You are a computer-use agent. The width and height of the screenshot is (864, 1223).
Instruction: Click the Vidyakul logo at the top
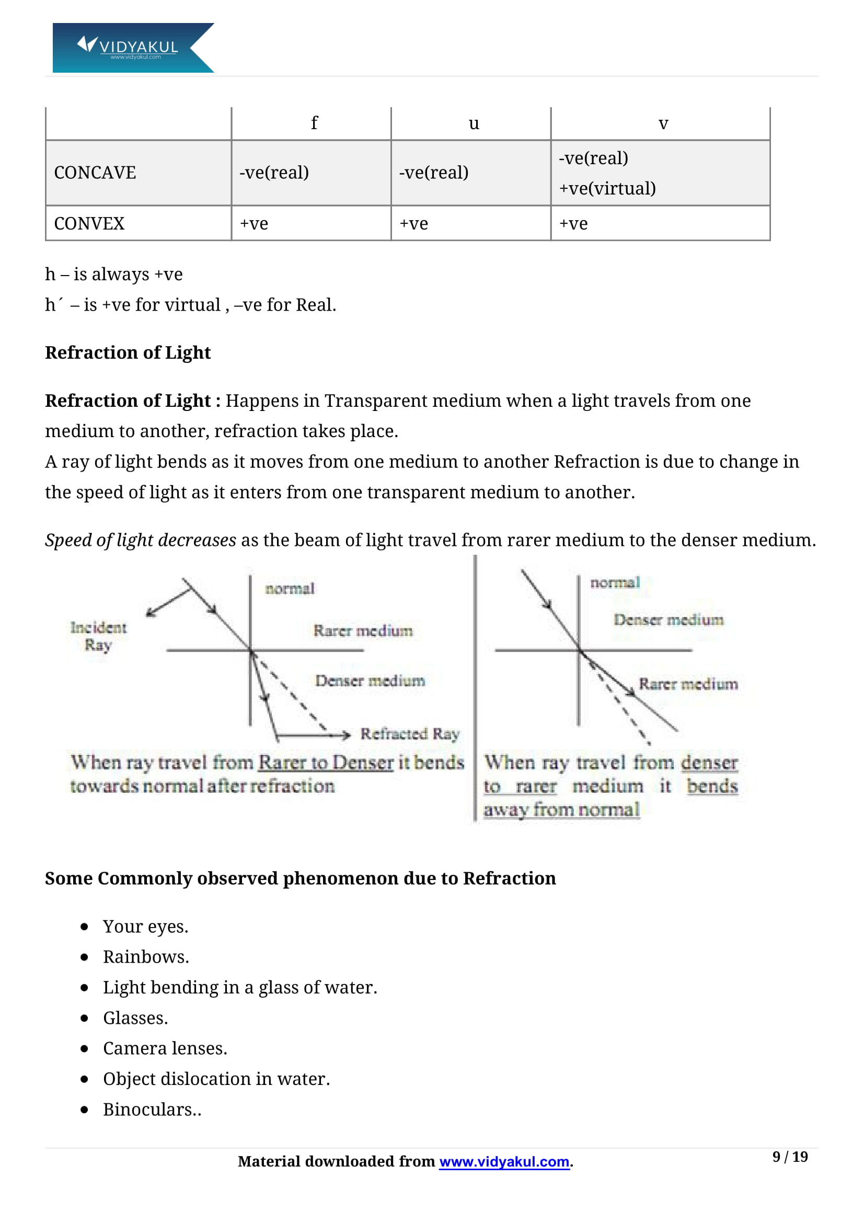(x=133, y=48)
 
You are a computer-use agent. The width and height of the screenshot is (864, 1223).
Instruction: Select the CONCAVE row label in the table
(x=95, y=173)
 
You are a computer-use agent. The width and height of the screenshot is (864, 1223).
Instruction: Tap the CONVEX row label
(x=89, y=223)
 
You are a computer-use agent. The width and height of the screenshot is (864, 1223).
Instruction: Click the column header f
(x=314, y=123)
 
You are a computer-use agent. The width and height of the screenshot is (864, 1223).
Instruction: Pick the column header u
(x=473, y=123)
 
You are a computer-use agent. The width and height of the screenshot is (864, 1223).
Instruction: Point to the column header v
(x=663, y=123)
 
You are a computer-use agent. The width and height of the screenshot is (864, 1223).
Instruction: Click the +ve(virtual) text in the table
(x=607, y=188)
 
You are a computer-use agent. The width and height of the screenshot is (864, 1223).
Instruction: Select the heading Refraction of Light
(x=128, y=352)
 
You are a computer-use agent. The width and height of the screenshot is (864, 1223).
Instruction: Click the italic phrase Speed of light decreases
(x=141, y=540)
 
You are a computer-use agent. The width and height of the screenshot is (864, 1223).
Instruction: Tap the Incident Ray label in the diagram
(x=98, y=636)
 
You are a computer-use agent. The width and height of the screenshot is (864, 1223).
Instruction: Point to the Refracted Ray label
(x=410, y=734)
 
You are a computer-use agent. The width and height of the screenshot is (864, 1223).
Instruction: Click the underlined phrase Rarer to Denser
(x=326, y=763)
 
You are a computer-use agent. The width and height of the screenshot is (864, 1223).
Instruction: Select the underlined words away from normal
(x=561, y=809)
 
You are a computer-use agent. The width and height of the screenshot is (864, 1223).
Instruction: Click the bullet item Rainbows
(x=146, y=957)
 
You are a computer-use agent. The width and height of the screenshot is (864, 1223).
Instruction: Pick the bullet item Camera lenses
(x=165, y=1048)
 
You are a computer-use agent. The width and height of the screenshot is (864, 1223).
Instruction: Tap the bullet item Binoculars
(x=152, y=1110)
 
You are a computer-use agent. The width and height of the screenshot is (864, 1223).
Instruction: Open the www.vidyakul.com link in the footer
(x=504, y=1162)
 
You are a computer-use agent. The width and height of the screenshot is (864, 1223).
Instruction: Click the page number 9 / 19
(x=790, y=1157)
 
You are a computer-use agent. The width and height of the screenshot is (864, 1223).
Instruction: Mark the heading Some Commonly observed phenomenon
(x=299, y=878)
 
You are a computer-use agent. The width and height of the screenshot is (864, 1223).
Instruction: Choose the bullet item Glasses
(x=135, y=1018)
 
